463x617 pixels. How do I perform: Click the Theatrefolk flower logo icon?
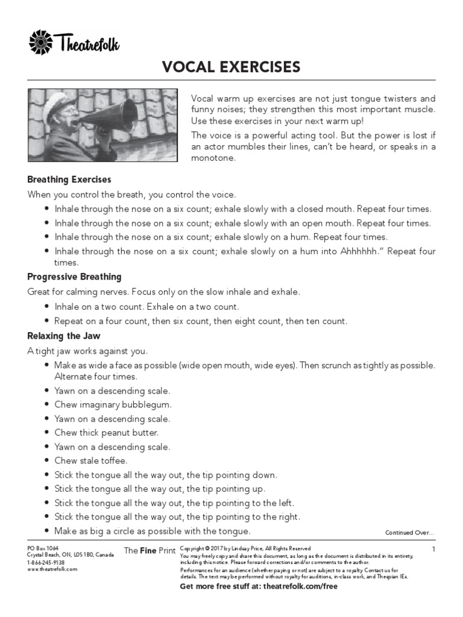(x=41, y=43)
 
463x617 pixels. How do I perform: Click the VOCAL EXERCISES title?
(x=231, y=66)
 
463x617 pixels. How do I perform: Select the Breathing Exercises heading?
(x=69, y=180)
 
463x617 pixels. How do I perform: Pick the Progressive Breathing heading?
(x=74, y=277)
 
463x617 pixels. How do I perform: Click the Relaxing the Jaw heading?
(x=64, y=336)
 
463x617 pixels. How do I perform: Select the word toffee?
(x=113, y=461)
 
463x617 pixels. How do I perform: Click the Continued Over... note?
(x=409, y=533)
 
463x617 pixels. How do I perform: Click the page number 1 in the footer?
(x=433, y=549)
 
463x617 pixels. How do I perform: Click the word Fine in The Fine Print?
(x=148, y=551)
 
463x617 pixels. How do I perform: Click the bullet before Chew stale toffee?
(x=46, y=461)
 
